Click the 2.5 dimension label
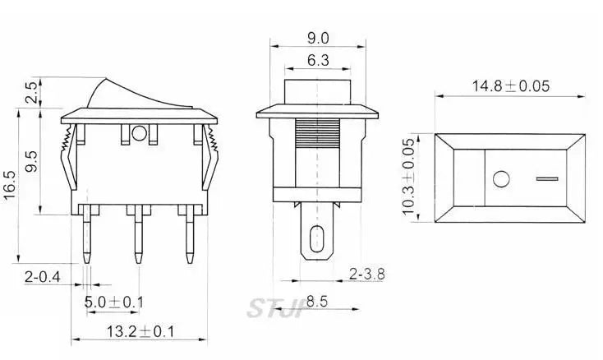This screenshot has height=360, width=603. click(x=30, y=93)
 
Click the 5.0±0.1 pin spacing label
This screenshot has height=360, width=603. click(x=114, y=303)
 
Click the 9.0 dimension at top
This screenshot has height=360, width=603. click(x=318, y=38)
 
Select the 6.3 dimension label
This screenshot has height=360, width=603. click(x=318, y=60)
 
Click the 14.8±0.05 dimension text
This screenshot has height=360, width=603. click(x=510, y=85)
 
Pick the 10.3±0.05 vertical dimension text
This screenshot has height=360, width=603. click(x=408, y=177)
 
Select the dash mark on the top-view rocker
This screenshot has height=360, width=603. click(x=546, y=177)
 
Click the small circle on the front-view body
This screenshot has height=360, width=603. click(x=138, y=133)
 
